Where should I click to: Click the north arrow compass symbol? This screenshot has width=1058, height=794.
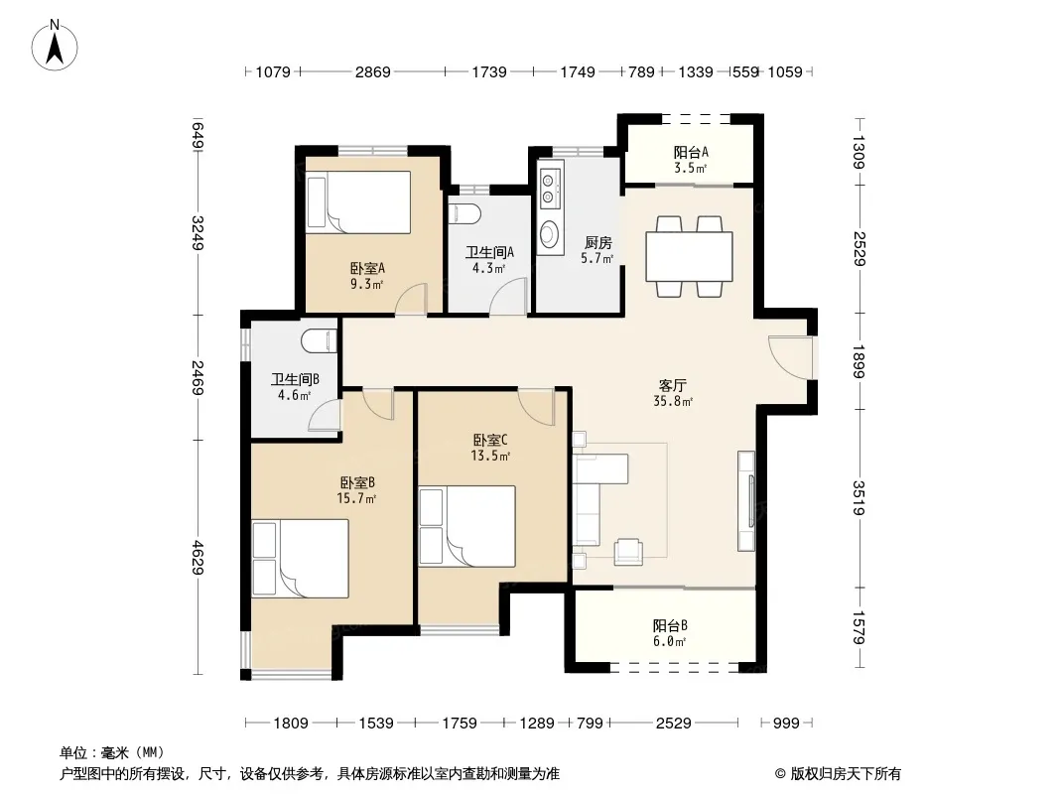click(x=55, y=46)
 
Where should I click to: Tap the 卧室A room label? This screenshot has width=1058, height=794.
click(x=367, y=269)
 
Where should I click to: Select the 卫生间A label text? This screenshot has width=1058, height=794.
click(x=489, y=252)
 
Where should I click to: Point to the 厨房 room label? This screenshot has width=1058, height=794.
click(x=597, y=242)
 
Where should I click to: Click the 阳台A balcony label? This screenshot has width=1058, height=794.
click(x=691, y=153)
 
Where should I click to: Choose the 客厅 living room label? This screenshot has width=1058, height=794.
click(x=673, y=385)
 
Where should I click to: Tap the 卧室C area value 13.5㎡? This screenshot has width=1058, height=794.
click(x=490, y=456)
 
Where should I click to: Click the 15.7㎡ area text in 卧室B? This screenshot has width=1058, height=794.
click(x=356, y=499)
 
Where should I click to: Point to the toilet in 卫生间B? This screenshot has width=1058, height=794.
click(x=319, y=340)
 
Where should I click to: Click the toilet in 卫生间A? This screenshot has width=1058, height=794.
click(x=463, y=213)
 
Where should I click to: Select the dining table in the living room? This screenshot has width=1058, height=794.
click(x=689, y=256)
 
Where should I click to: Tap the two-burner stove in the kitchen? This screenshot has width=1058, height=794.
click(x=550, y=189)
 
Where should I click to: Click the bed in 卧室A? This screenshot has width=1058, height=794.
click(x=357, y=202)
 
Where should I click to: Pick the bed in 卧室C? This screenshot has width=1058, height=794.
click(x=466, y=526)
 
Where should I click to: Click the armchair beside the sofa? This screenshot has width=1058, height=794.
click(x=628, y=551)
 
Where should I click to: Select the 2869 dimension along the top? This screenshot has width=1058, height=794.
click(x=372, y=71)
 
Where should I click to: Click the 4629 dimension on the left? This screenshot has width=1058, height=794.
click(x=198, y=557)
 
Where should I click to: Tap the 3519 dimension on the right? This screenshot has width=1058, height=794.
click(x=859, y=498)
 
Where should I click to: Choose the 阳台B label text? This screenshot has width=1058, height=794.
click(x=670, y=625)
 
